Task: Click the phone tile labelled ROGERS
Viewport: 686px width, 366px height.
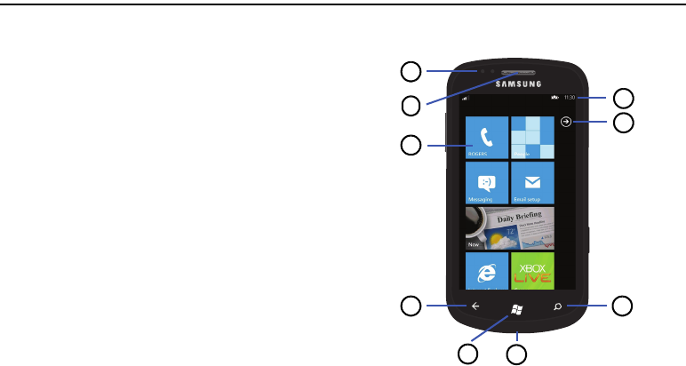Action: pyautogui.click(x=487, y=138)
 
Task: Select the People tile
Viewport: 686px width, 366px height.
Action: pyautogui.click(x=532, y=138)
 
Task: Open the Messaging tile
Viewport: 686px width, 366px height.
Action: pyautogui.click(x=487, y=183)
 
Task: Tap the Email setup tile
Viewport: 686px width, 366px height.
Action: pyautogui.click(x=532, y=183)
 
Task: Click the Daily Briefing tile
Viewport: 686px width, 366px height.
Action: pyautogui.click(x=510, y=228)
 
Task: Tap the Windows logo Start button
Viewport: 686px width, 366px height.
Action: pyautogui.click(x=516, y=308)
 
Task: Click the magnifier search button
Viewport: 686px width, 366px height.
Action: pyautogui.click(x=557, y=307)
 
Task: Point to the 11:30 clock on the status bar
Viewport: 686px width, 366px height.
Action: pyautogui.click(x=570, y=97)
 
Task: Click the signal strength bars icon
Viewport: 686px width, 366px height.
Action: pyautogui.click(x=465, y=98)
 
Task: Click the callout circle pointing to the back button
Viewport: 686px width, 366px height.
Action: pyautogui.click(x=410, y=307)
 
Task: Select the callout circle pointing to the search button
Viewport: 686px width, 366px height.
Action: pyautogui.click(x=623, y=307)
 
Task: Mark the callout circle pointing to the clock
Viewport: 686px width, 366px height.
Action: pyautogui.click(x=626, y=97)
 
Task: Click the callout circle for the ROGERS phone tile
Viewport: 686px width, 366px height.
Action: pyautogui.click(x=410, y=145)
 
